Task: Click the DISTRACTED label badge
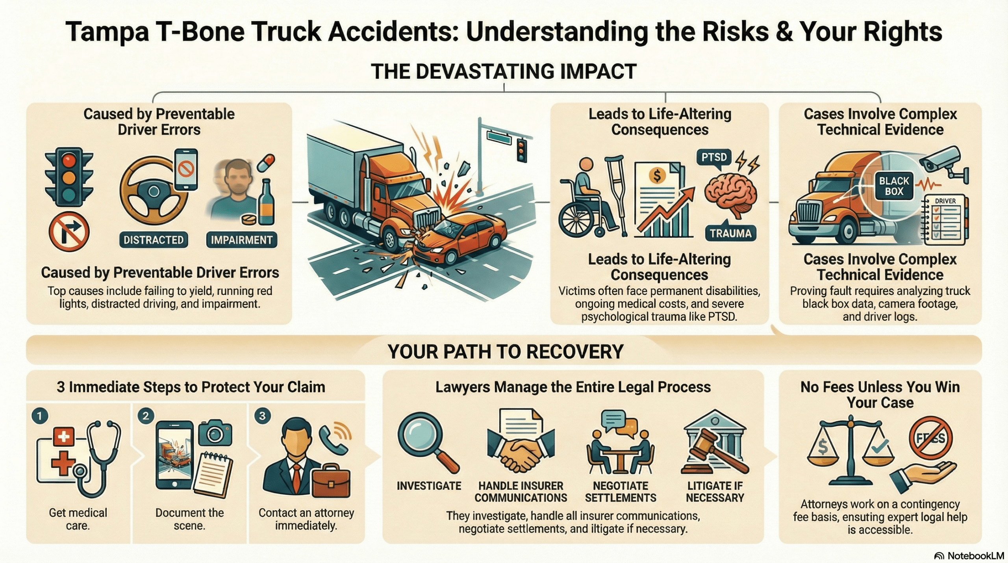click(x=154, y=240)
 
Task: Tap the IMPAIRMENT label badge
click(x=241, y=240)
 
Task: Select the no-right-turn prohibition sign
click(x=69, y=232)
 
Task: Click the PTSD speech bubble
click(x=714, y=158)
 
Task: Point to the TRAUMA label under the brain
click(x=730, y=233)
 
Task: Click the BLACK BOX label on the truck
click(x=894, y=186)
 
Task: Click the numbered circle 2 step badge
click(x=146, y=416)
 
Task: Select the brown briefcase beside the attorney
click(x=330, y=483)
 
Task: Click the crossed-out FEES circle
click(x=930, y=438)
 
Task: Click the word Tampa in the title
click(x=107, y=32)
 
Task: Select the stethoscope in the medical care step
click(x=100, y=457)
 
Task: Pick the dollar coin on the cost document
click(x=657, y=175)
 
